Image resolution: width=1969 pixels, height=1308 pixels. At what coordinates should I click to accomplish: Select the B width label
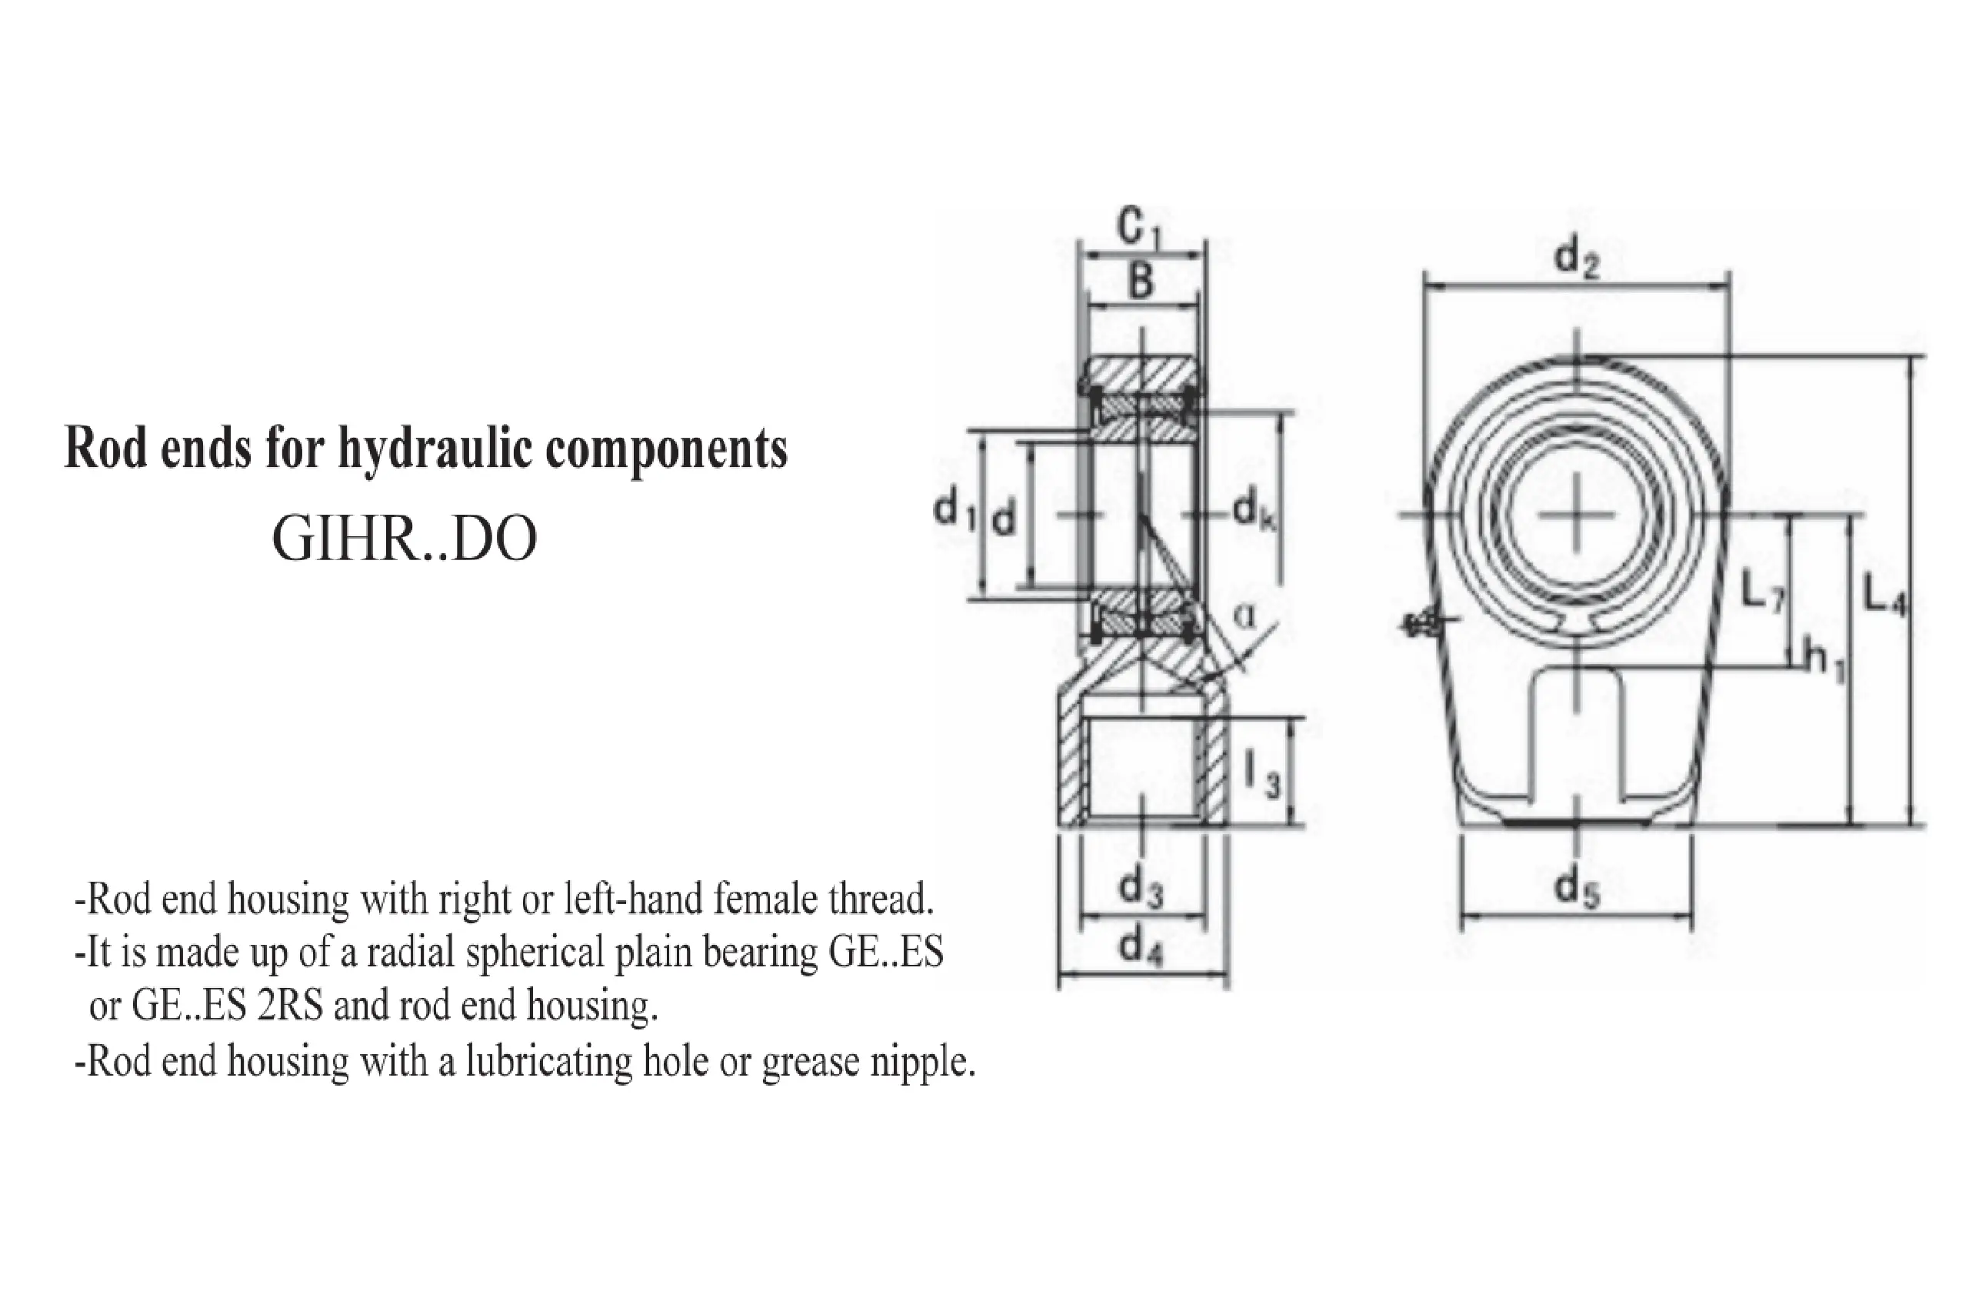pos(1141,280)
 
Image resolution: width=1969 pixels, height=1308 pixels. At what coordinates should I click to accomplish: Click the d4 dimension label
pos(1142,947)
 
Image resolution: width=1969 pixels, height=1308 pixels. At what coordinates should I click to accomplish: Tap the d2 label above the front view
pos(1577,259)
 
